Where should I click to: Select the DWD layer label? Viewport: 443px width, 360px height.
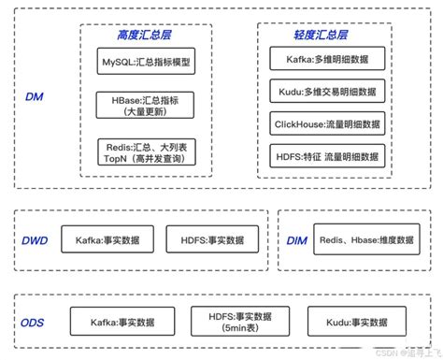tap(33, 240)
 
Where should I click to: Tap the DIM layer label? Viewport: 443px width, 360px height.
tap(297, 240)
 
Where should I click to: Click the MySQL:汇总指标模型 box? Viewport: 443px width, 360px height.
tap(146, 63)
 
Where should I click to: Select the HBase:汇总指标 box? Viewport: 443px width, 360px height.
tap(146, 104)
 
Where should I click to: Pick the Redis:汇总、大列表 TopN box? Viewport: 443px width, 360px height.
tap(146, 151)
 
